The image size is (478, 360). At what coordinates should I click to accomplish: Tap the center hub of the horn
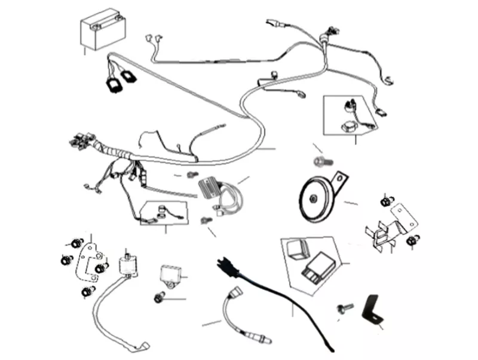[312, 198]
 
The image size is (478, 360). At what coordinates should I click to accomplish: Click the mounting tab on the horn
[339, 178]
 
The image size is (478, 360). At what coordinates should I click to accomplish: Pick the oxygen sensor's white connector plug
[233, 295]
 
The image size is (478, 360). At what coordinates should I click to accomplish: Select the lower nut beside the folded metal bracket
[410, 241]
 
